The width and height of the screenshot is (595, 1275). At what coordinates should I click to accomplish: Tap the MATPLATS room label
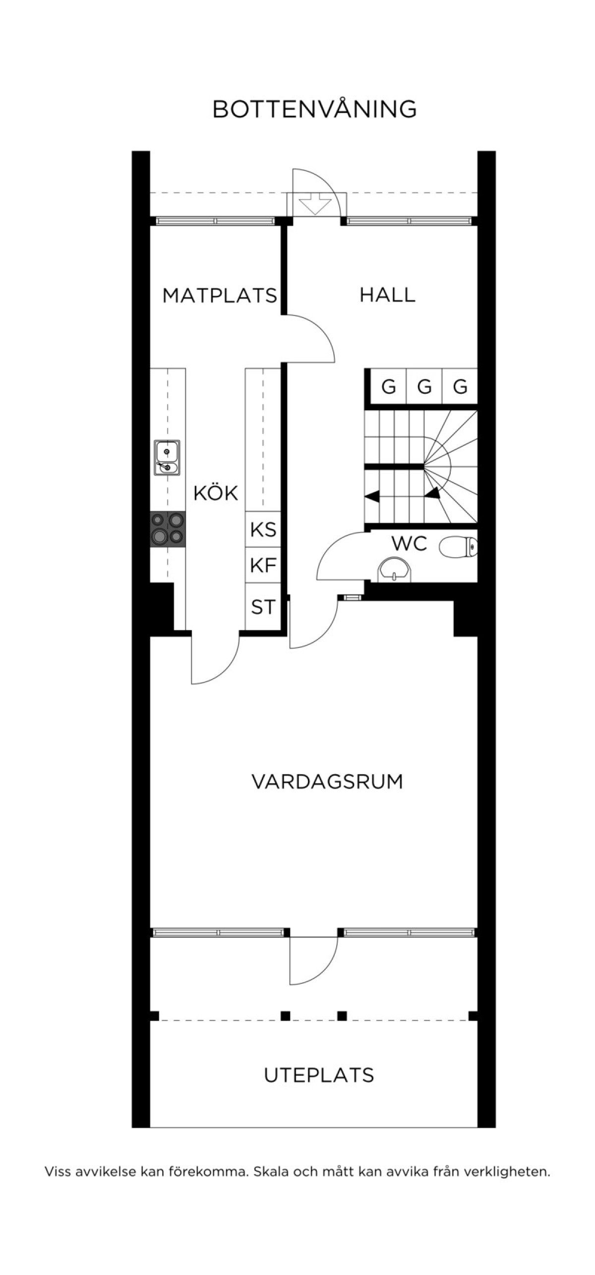[x=220, y=296]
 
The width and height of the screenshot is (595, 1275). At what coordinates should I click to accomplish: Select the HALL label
[x=387, y=295]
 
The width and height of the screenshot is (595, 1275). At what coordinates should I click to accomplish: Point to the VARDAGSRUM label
[x=327, y=781]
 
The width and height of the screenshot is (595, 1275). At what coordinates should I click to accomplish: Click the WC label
[x=409, y=543]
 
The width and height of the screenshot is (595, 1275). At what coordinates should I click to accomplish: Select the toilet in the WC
[x=458, y=547]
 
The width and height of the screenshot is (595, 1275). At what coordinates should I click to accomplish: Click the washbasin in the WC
[x=394, y=570]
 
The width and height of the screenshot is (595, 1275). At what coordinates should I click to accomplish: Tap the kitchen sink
[x=167, y=458]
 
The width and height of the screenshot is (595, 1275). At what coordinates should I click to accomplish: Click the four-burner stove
[x=168, y=529]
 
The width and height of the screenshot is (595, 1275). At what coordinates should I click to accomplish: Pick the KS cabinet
[x=263, y=529]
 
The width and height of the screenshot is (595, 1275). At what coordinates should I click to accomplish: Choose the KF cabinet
[x=263, y=565]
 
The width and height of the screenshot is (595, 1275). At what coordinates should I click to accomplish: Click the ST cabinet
[x=263, y=606]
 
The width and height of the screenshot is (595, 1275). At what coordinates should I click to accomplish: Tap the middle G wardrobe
[x=424, y=386]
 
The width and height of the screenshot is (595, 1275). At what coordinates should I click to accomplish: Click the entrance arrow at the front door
[x=314, y=204]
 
